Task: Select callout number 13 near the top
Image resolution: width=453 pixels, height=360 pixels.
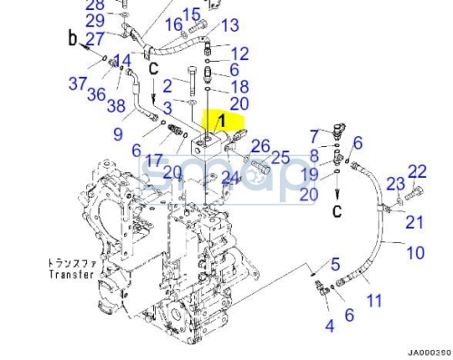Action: [x=230, y=25]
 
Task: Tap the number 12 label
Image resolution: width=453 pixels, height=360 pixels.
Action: [x=239, y=54]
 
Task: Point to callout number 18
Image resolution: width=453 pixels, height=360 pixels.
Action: [x=239, y=87]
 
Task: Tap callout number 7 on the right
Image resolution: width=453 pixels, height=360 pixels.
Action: [x=313, y=136]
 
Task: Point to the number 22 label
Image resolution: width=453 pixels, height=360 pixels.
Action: [x=417, y=171]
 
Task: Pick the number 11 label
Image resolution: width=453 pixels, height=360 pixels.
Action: [x=372, y=297]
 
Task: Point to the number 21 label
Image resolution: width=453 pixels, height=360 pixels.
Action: [x=414, y=222]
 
